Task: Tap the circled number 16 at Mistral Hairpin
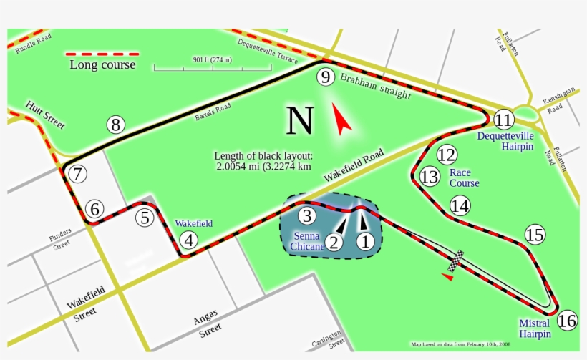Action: tap(566, 321)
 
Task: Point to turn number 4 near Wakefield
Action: tap(189, 240)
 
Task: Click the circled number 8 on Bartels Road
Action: tap(117, 125)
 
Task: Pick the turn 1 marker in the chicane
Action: tap(365, 241)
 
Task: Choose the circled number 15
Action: tap(534, 234)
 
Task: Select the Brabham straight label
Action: tap(375, 85)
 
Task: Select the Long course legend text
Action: tap(102, 65)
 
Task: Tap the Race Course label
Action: tap(464, 177)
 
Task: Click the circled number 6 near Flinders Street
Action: tap(94, 209)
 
